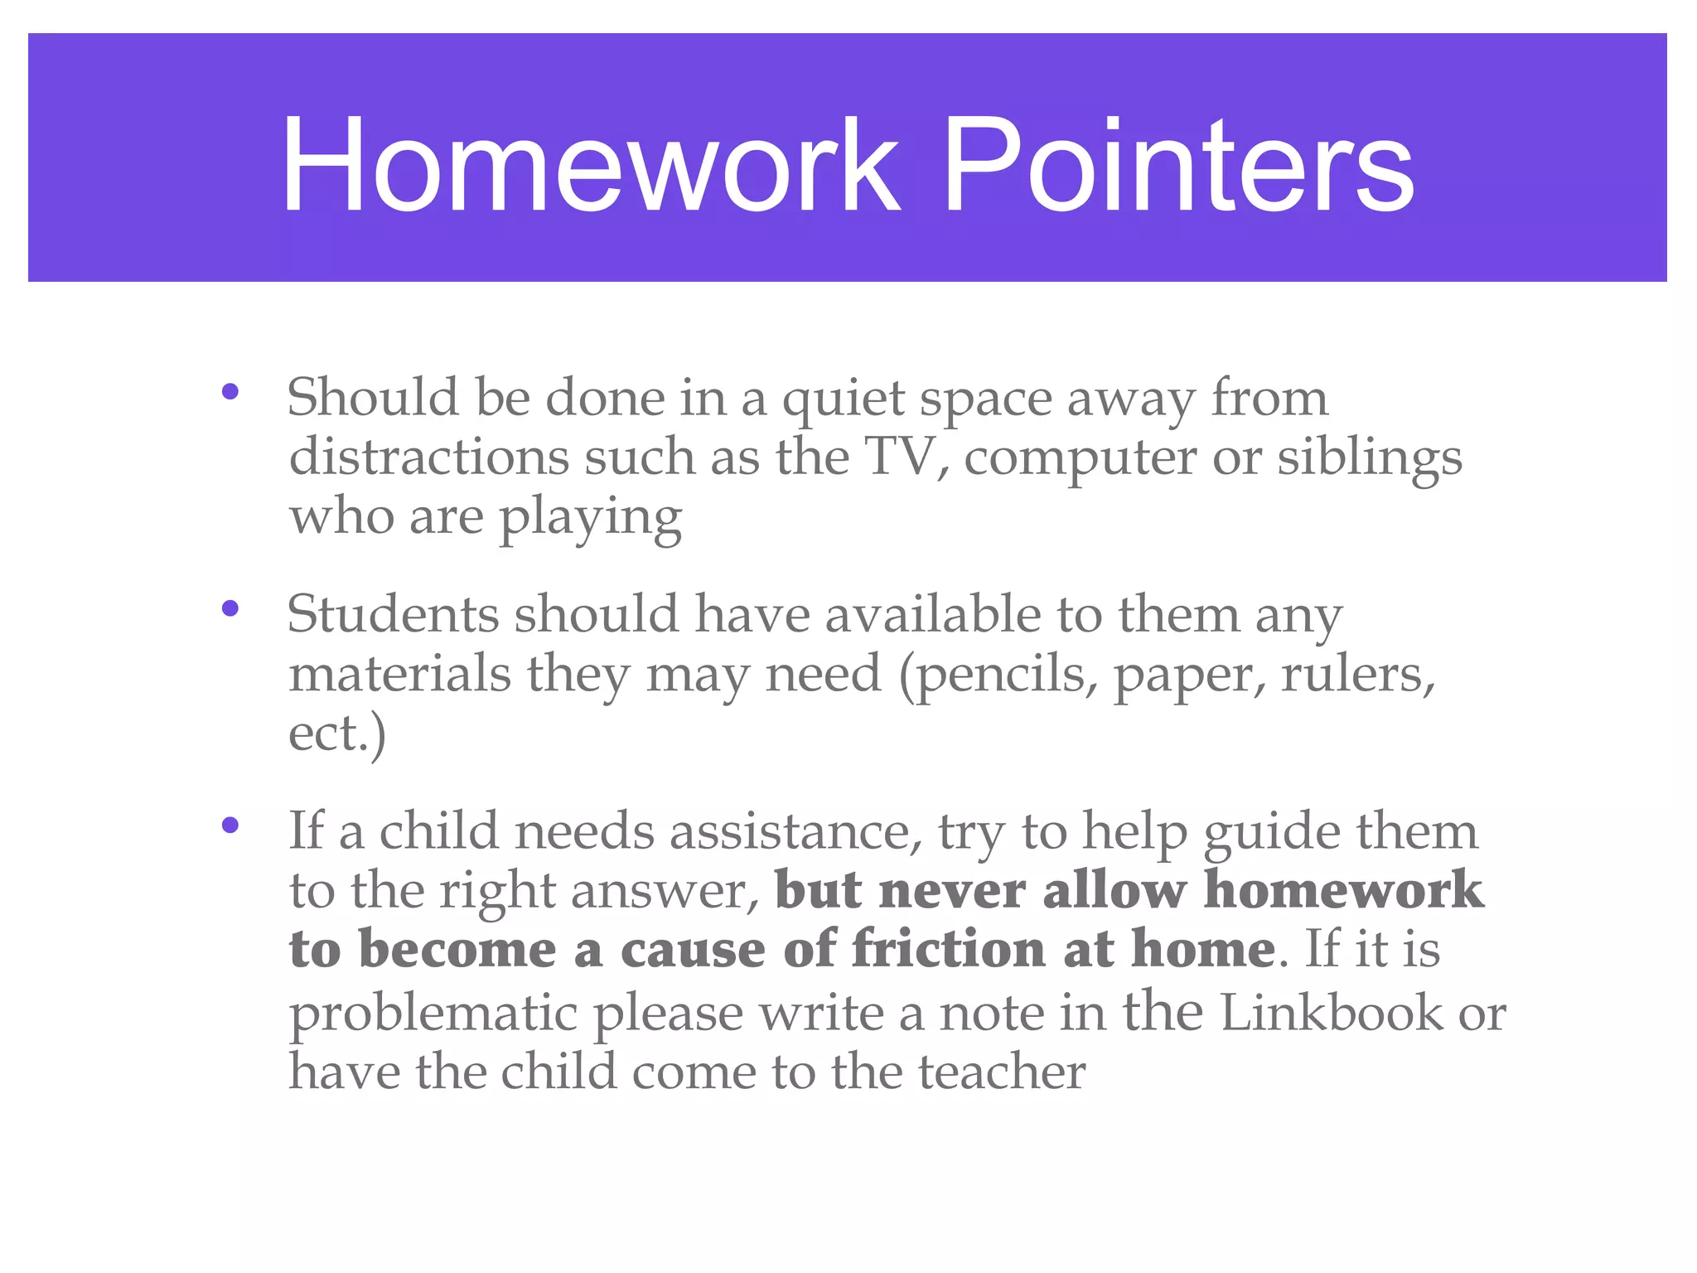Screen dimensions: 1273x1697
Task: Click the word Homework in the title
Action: pos(590,166)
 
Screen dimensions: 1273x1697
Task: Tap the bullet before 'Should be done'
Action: pos(230,391)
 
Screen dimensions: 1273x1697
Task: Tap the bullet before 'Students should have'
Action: pos(230,608)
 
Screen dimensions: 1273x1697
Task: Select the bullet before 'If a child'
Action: pos(230,825)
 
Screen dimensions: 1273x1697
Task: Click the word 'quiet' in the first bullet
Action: pos(843,399)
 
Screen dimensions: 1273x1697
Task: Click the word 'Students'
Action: pos(393,615)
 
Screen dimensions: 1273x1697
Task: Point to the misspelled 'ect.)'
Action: pos(336,734)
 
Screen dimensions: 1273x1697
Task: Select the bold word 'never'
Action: pos(951,890)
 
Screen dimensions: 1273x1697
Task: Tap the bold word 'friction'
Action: pos(948,949)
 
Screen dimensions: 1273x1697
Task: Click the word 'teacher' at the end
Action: pos(1001,1072)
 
